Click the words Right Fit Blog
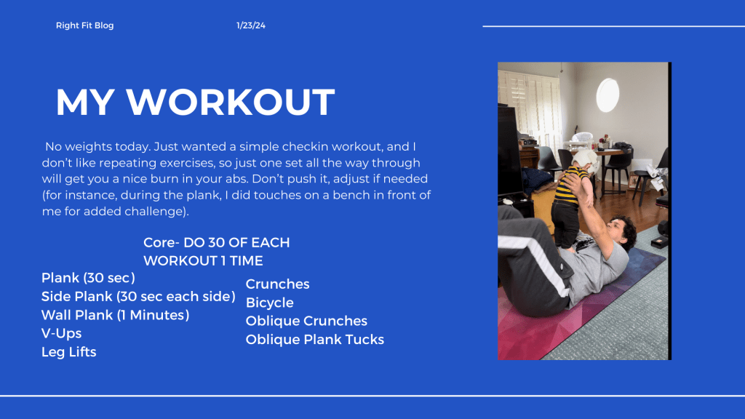84,25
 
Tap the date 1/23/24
251,25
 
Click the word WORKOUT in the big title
231,102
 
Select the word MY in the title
85,102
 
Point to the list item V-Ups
61,333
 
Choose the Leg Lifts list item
69,352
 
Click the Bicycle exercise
269,303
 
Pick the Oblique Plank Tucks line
314,340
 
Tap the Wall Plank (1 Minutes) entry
116,315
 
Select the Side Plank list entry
138,297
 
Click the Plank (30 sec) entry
88,278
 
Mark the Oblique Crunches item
306,321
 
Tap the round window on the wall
607,95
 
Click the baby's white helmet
584,162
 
